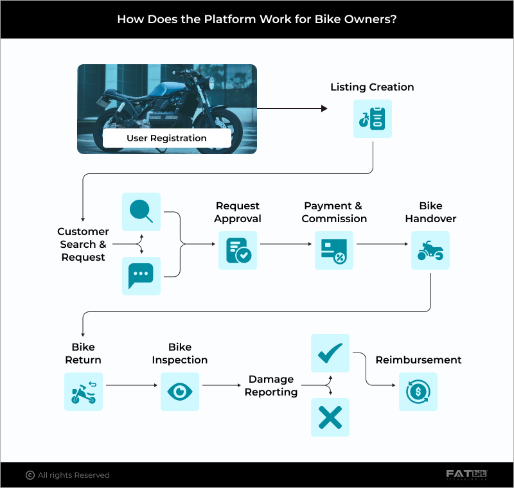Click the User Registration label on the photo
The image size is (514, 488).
pos(166,138)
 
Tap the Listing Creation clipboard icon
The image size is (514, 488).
pos(373,119)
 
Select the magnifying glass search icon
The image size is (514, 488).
pos(141,212)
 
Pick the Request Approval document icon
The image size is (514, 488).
pos(238,250)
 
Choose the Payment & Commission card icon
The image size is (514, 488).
pos(334,250)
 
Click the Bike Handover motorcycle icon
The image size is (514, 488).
pos(430,250)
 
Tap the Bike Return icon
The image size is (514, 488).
pos(84,392)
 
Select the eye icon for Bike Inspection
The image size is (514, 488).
pos(180,392)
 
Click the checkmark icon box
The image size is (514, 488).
pos(330,353)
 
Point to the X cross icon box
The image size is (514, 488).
pos(330,417)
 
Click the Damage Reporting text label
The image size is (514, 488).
pos(271,385)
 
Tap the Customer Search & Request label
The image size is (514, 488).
pos(83,244)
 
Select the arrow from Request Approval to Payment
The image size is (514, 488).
pos(286,245)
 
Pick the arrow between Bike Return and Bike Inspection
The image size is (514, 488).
pos(132,385)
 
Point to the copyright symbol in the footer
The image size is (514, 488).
pos(30,475)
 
